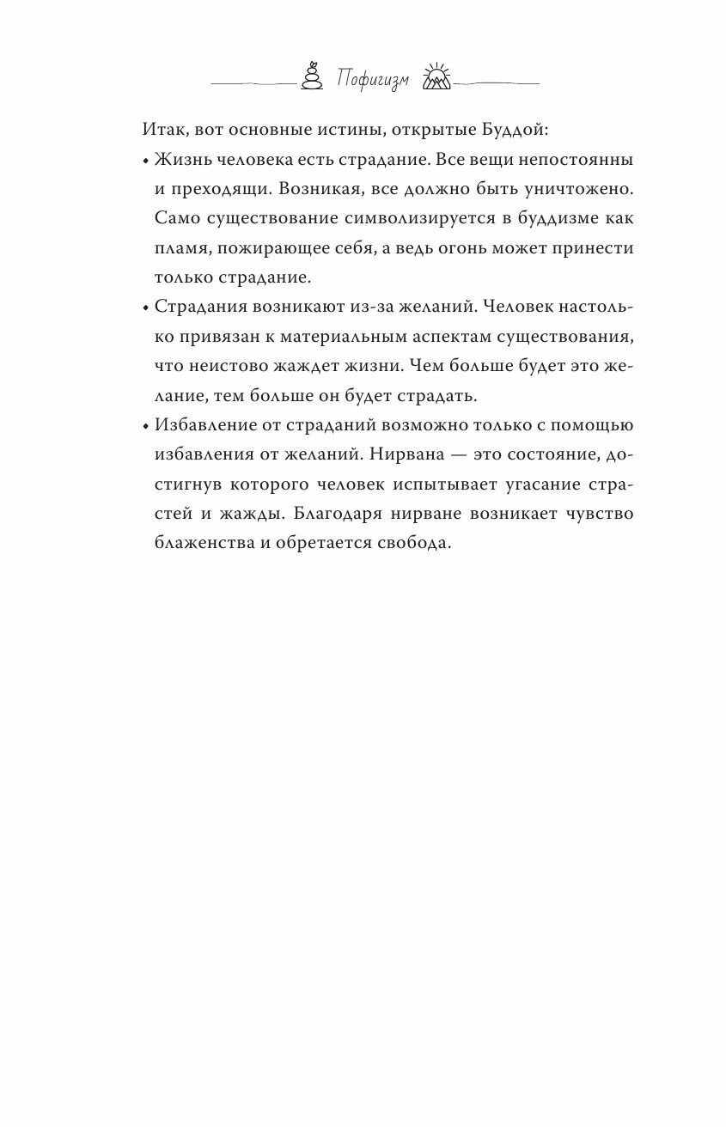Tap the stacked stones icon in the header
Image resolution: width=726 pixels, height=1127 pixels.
click(311, 76)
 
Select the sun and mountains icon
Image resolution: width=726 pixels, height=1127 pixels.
click(436, 77)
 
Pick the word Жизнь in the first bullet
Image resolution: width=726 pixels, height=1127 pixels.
click(180, 161)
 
